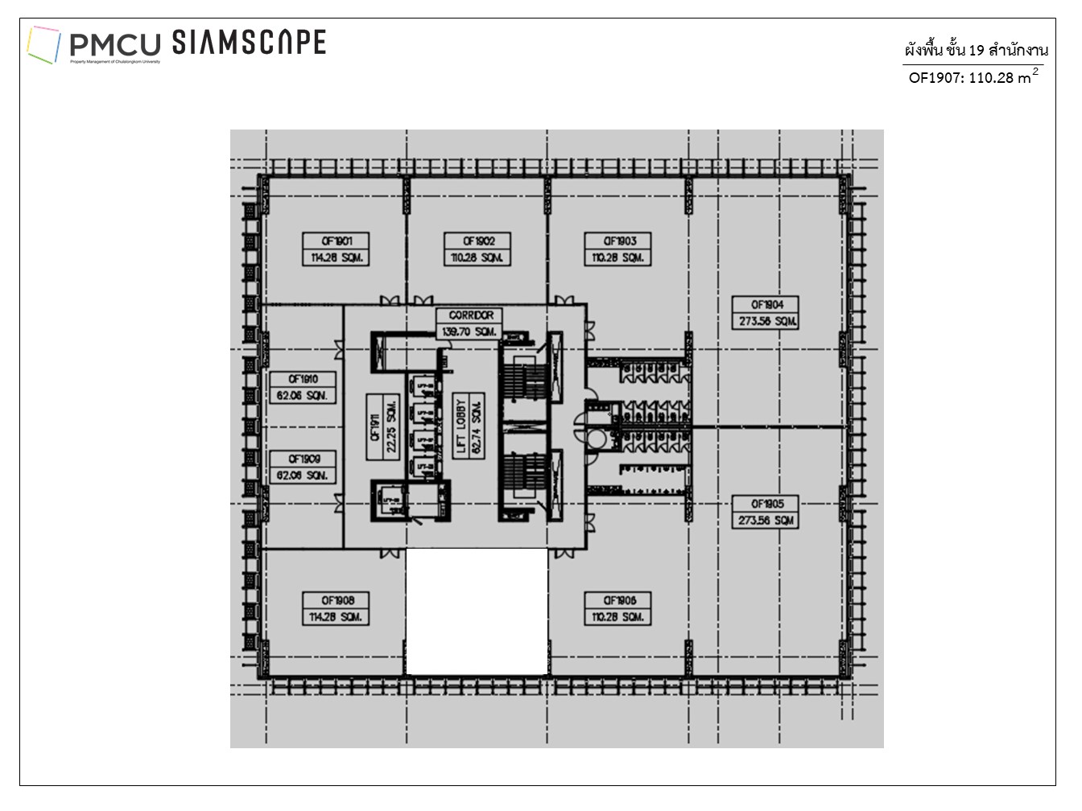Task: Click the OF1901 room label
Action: (336, 249)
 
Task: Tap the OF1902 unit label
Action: (477, 249)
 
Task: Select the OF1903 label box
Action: (617, 249)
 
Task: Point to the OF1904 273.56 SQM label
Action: (766, 313)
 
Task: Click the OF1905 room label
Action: (766, 513)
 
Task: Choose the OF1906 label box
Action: (617, 609)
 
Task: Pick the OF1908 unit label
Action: (336, 609)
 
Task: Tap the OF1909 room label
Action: (303, 467)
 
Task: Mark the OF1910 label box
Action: (303, 387)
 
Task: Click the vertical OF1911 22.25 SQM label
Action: (383, 427)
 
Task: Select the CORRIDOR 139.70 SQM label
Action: (470, 323)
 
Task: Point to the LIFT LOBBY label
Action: (469, 427)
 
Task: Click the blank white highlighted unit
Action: (477, 611)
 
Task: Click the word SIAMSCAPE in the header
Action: (249, 43)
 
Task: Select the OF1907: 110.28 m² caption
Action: (973, 77)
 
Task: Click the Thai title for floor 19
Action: (976, 50)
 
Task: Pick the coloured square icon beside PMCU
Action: (43, 44)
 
